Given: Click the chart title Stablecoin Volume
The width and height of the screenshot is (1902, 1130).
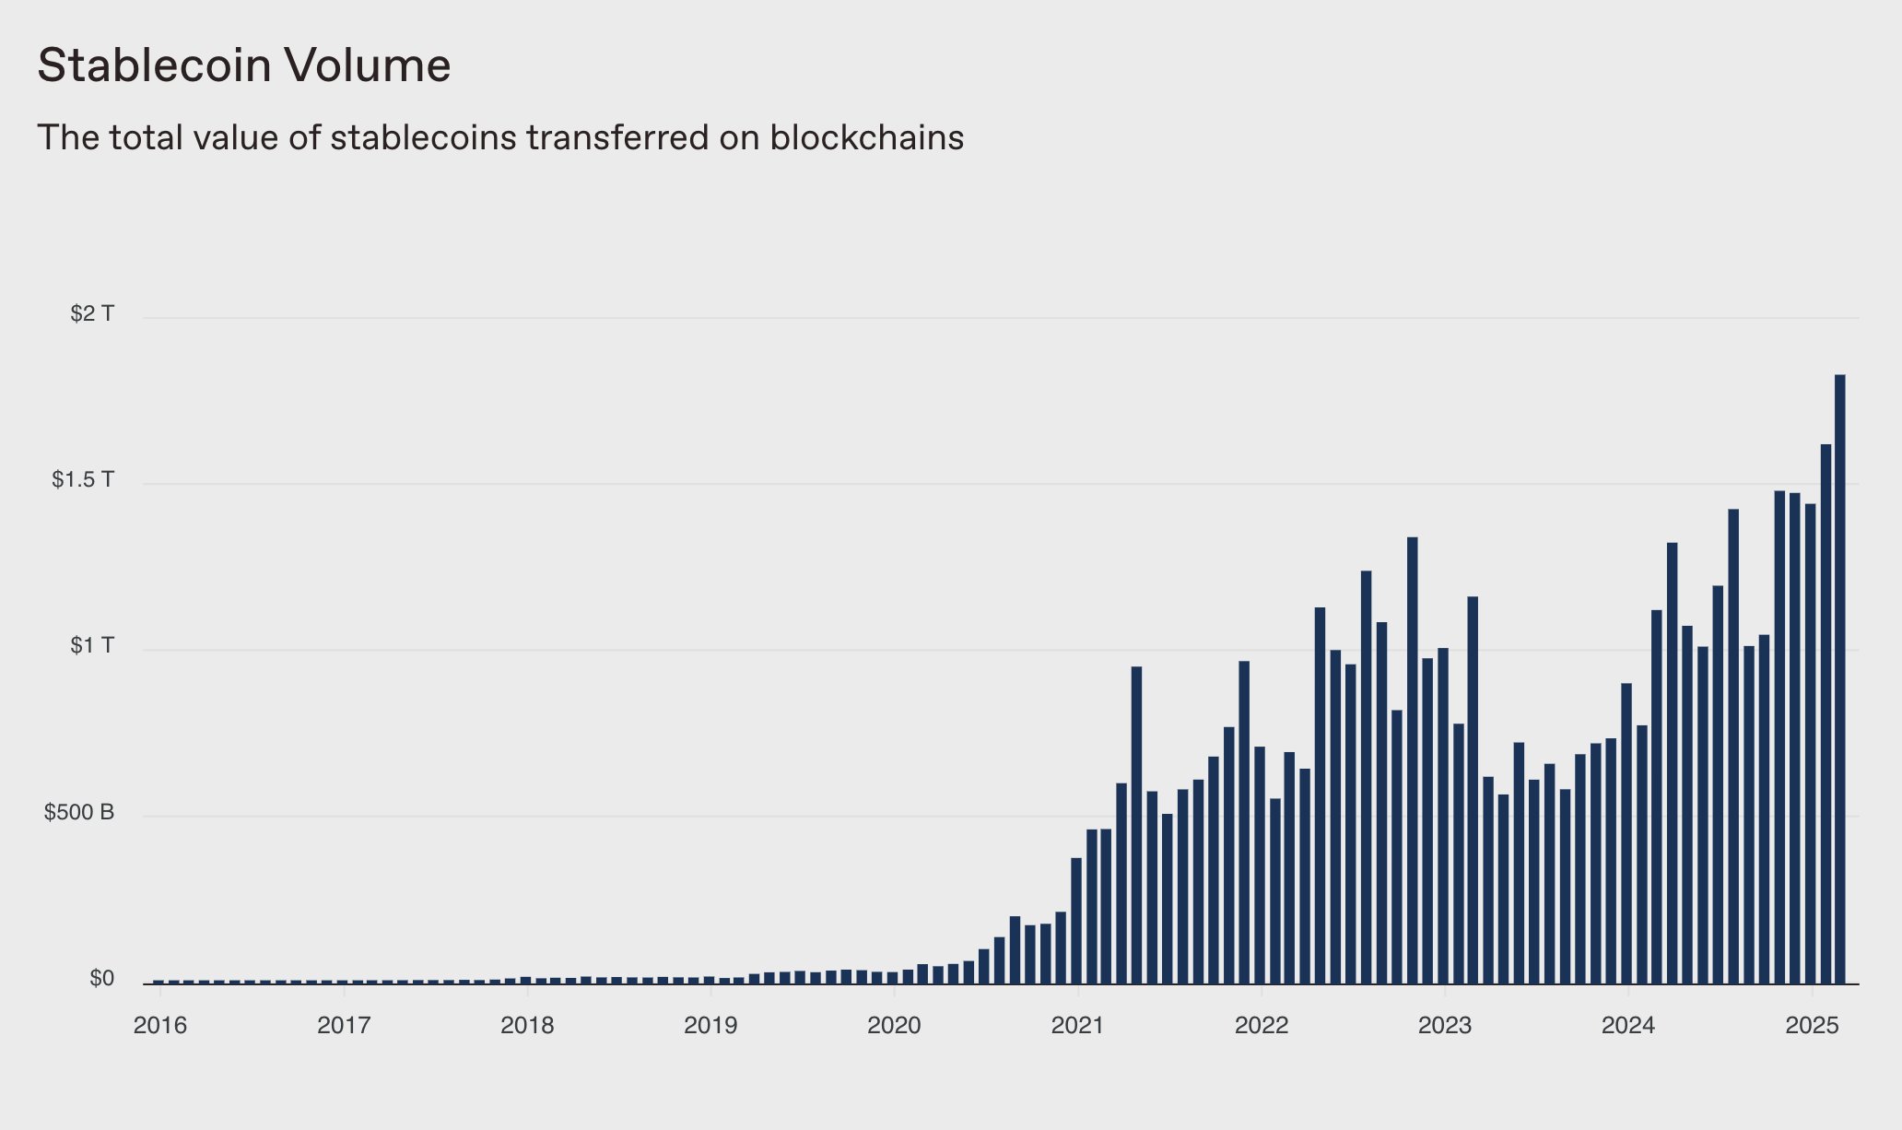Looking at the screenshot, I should (244, 65).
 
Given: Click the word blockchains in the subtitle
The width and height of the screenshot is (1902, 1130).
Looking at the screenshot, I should (866, 138).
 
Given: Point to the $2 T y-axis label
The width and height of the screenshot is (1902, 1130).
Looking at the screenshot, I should (92, 314).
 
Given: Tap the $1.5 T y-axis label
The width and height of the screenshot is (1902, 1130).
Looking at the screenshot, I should (83, 480).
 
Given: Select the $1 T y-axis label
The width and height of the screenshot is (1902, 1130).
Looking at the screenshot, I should (92, 646).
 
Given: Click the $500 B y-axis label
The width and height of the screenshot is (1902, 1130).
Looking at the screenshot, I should (79, 813).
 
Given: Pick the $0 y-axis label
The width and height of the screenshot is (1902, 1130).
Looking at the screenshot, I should (101, 979).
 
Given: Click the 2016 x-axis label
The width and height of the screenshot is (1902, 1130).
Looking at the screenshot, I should (160, 1026).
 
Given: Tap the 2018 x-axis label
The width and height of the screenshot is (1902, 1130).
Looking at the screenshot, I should (527, 1026).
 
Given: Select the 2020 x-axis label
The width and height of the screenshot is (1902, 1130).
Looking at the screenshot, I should (894, 1026).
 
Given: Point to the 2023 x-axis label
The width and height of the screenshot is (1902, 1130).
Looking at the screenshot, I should (1445, 1026).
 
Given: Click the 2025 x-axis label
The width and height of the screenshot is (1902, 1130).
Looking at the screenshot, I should (1812, 1026).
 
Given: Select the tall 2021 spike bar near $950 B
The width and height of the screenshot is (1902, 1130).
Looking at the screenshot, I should (1136, 825).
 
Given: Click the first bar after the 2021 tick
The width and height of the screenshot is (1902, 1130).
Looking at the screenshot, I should (1091, 908).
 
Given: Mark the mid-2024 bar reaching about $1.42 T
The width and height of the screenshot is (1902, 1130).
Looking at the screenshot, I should (1733, 747).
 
